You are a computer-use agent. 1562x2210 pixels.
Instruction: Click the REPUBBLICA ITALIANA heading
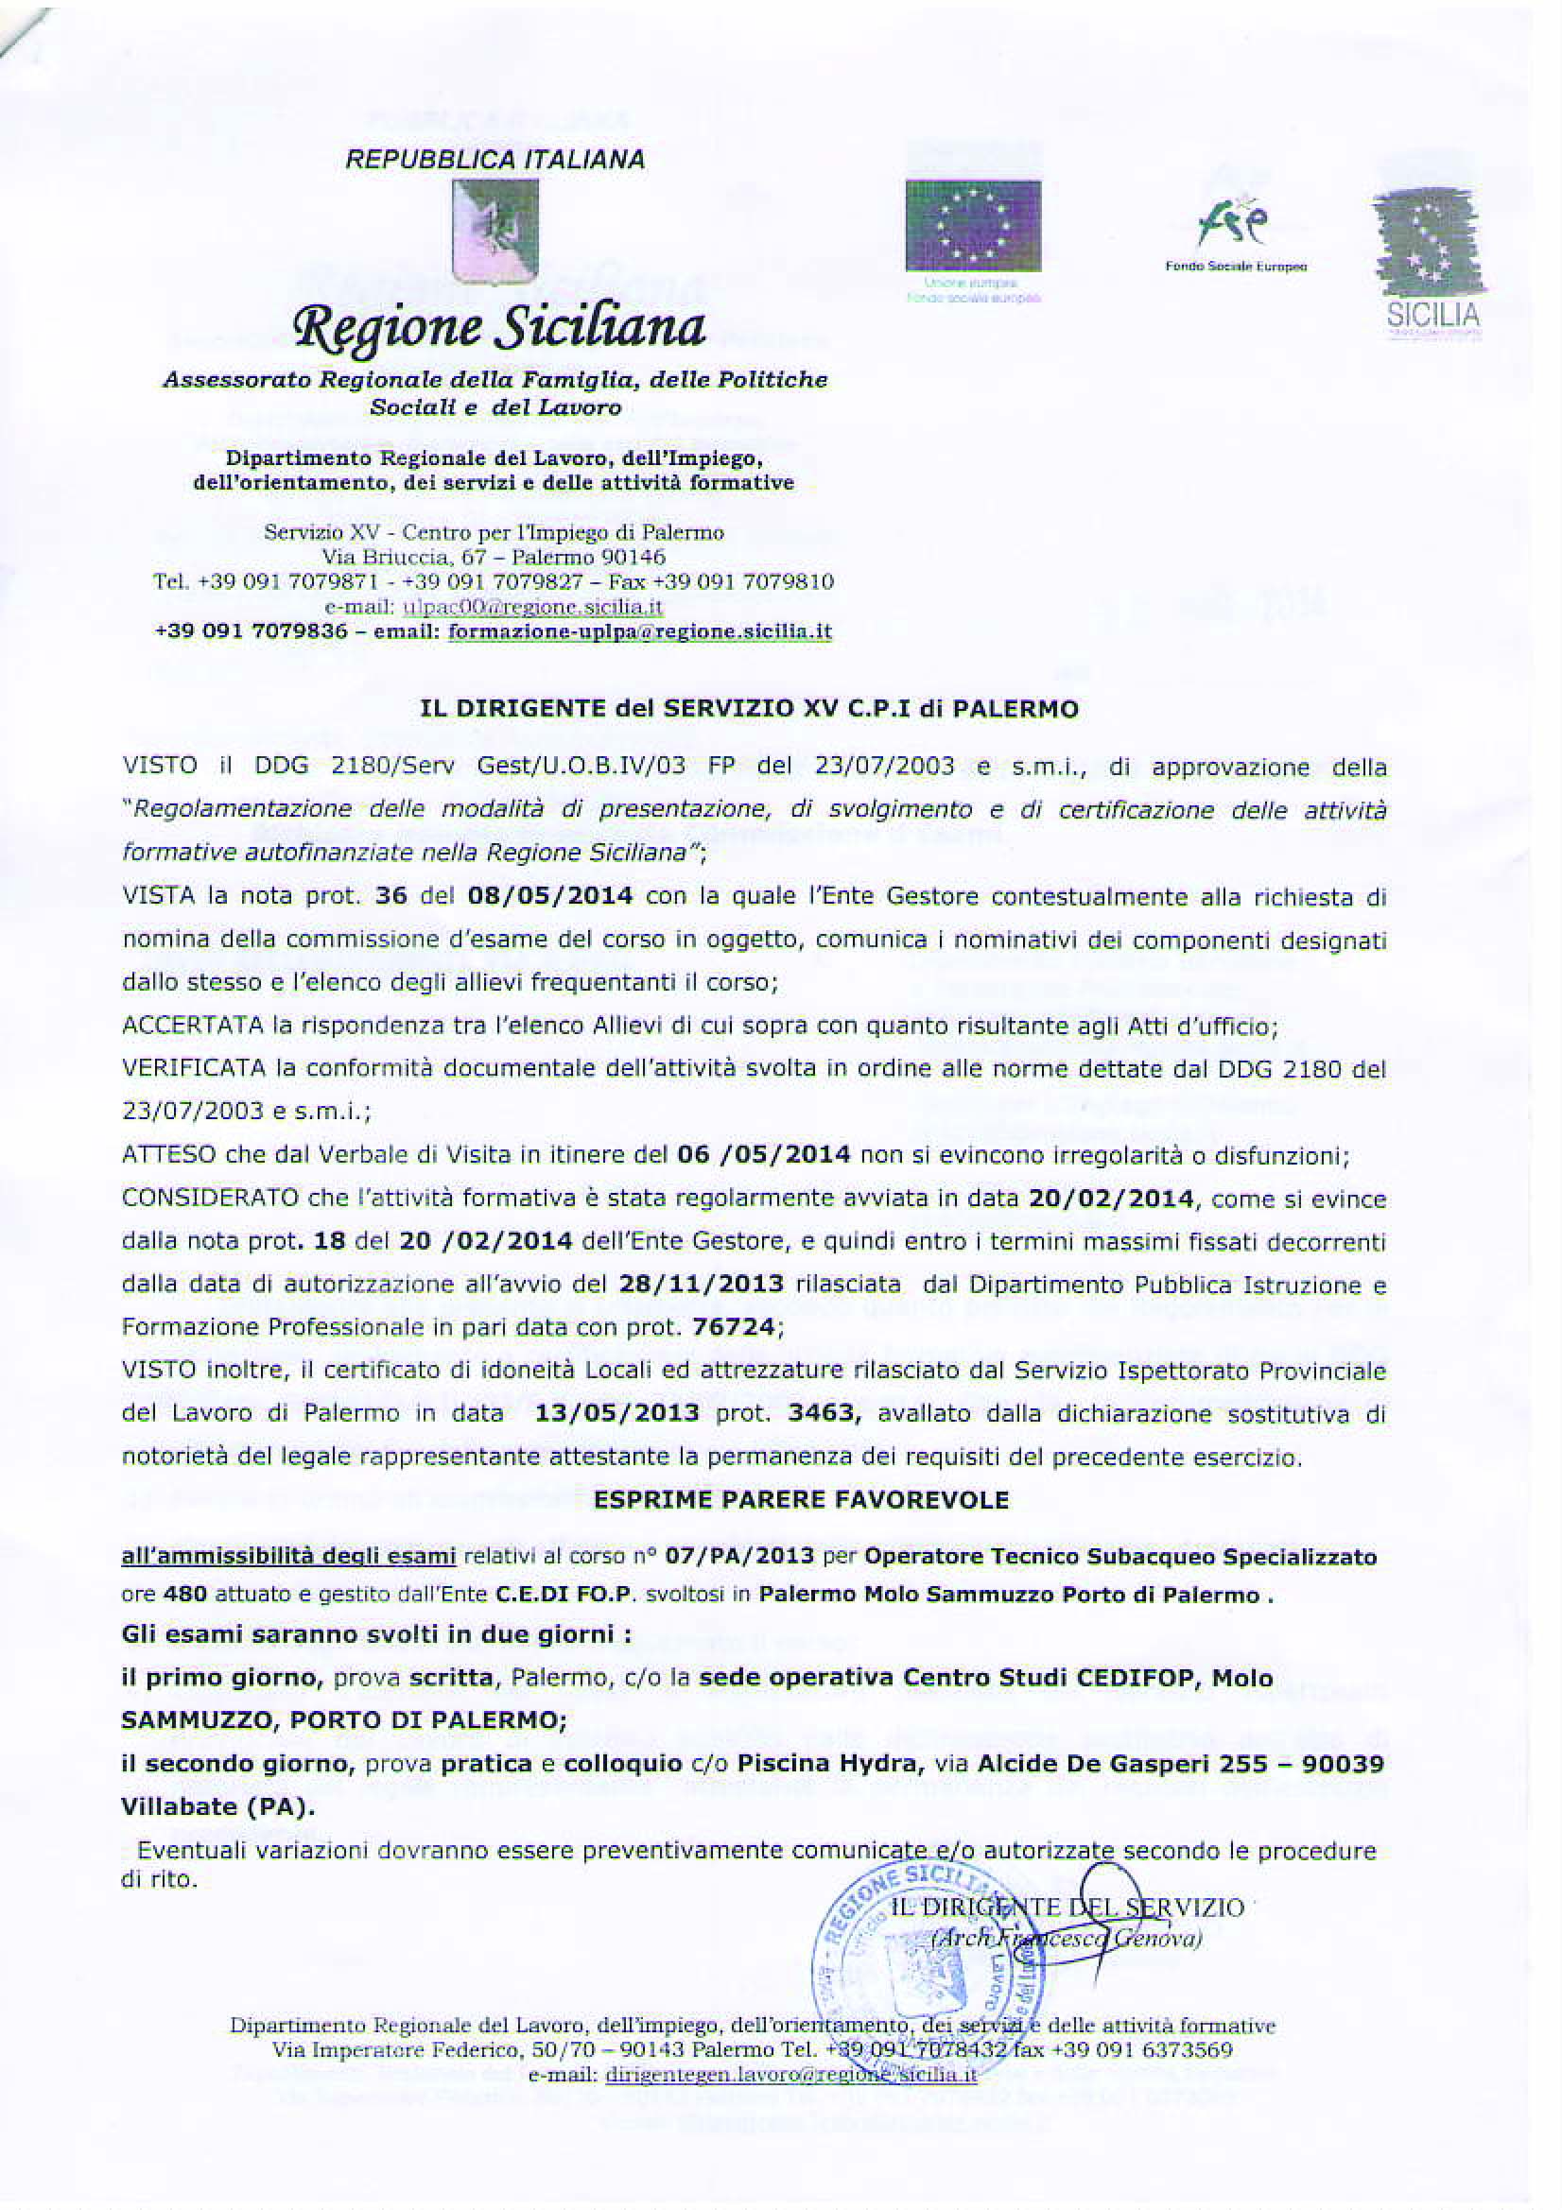tap(495, 160)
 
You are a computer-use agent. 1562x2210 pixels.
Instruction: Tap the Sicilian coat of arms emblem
tap(495, 231)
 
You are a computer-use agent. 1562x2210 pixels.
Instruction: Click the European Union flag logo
tap(973, 226)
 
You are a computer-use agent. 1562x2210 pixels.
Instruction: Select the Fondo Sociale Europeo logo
tap(1236, 235)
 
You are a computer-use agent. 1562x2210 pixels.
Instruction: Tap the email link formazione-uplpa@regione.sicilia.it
tap(640, 632)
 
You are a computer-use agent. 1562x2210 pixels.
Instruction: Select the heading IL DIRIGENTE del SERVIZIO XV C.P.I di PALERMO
tap(748, 709)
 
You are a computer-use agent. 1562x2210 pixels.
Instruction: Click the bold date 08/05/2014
tap(550, 896)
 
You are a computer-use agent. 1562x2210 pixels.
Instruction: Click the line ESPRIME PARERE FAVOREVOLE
tap(800, 1499)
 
